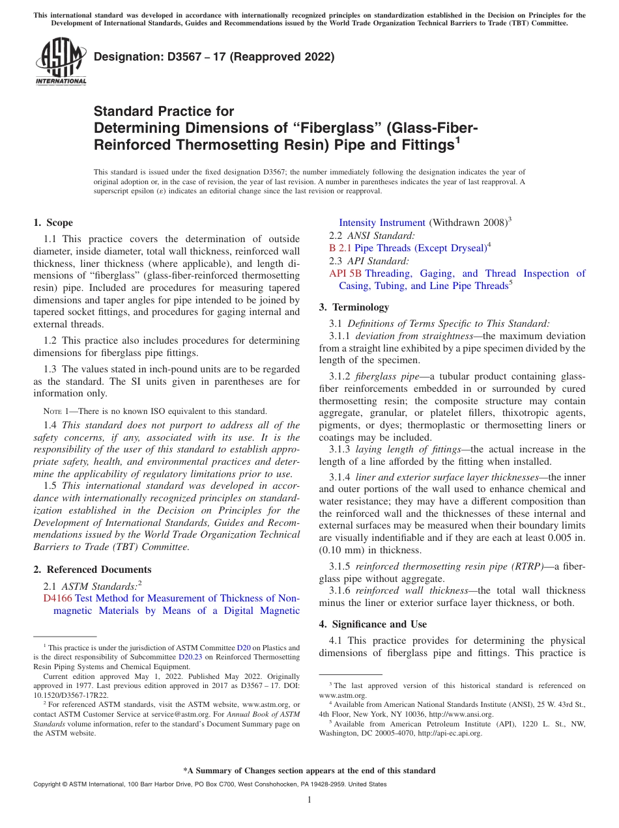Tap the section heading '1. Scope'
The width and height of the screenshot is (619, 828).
click(53, 223)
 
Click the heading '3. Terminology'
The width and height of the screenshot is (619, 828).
click(354, 307)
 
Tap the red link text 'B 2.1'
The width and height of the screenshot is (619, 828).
click(340, 248)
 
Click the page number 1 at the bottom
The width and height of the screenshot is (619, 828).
click(309, 800)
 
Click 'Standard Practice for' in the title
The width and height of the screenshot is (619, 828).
click(164, 111)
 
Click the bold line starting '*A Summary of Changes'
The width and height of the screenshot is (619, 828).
click(309, 771)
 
